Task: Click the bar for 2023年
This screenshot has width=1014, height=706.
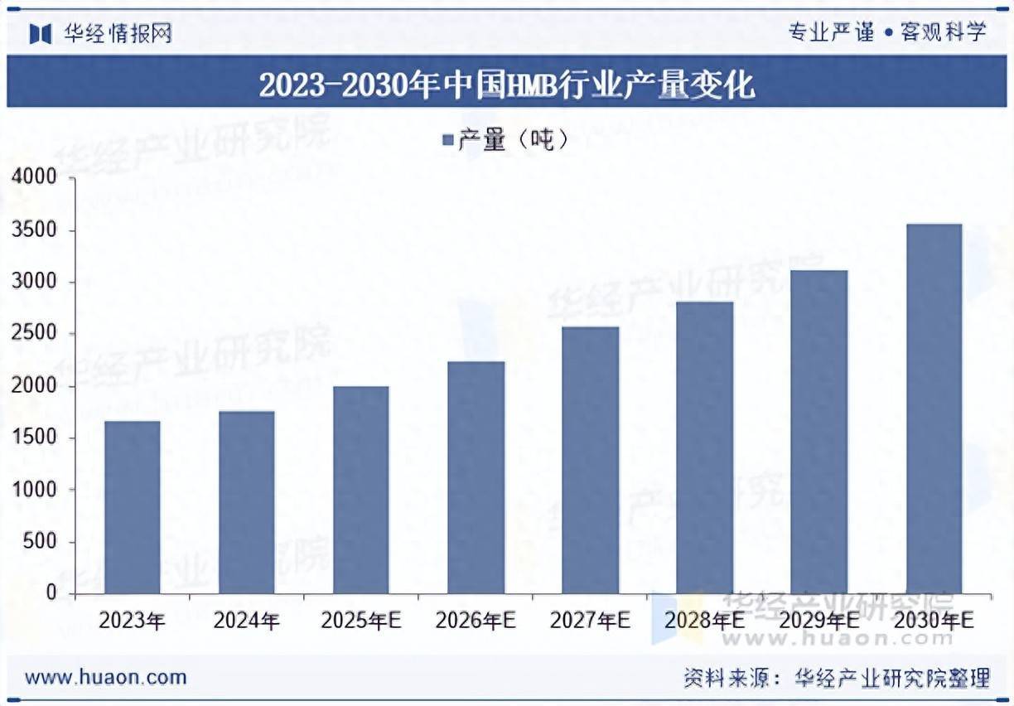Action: click(x=133, y=507)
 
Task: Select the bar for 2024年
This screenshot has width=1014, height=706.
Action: click(x=247, y=502)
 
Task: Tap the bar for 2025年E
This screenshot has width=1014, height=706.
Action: click(x=361, y=490)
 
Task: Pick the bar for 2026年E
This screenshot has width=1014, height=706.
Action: click(x=476, y=477)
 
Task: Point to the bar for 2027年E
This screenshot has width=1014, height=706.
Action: click(x=590, y=460)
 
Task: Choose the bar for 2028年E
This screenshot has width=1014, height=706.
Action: click(x=704, y=447)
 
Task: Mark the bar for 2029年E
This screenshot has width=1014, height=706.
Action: click(x=818, y=432)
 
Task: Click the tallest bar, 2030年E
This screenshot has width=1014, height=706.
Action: click(x=934, y=409)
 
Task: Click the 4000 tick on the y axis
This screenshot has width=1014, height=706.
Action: click(x=34, y=177)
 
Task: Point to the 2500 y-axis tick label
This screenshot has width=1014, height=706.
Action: click(x=34, y=334)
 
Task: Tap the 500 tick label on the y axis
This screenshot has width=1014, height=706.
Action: click(x=40, y=542)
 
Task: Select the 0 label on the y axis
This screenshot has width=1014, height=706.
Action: click(x=51, y=593)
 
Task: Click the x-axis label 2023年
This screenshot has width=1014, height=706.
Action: click(x=133, y=621)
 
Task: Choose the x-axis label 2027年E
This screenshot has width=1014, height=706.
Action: click(x=590, y=621)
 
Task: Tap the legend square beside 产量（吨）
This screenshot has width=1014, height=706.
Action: click(x=447, y=141)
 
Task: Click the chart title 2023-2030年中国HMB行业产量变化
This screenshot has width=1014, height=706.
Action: click(x=506, y=85)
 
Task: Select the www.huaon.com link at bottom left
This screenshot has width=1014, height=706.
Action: click(x=105, y=677)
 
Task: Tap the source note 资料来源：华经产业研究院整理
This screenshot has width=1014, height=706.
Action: click(x=837, y=678)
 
